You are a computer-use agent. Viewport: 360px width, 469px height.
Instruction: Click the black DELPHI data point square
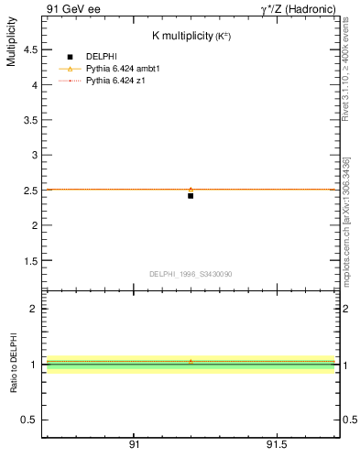pyautogui.click(x=191, y=195)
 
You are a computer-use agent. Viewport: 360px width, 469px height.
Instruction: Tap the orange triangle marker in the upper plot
pyautogui.click(x=191, y=190)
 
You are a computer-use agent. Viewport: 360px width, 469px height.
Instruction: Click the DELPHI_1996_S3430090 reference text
pyautogui.click(x=191, y=274)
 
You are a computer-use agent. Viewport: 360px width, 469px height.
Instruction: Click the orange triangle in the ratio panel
pyautogui.click(x=191, y=362)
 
